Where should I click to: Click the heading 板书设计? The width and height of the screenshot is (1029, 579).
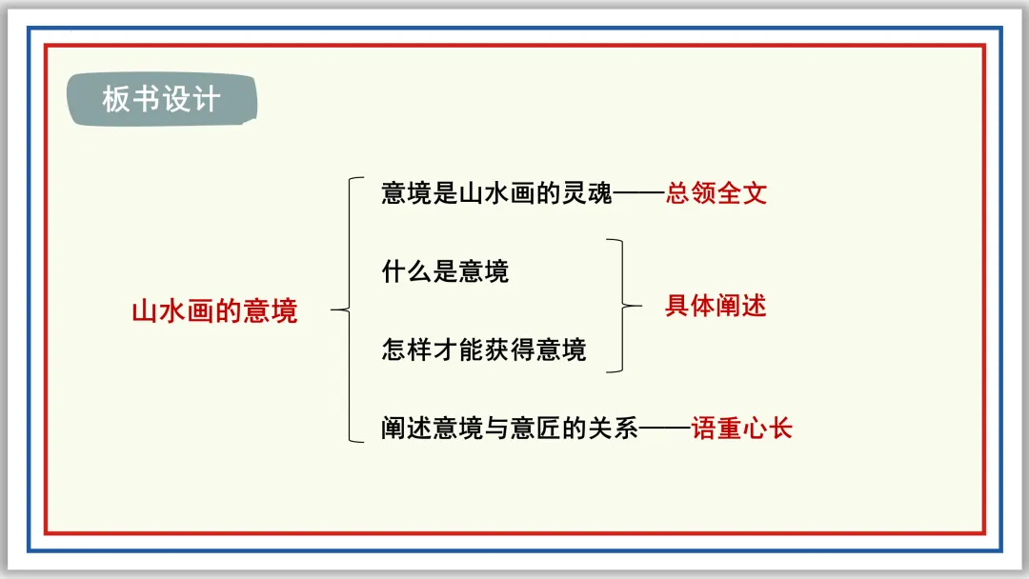(161, 99)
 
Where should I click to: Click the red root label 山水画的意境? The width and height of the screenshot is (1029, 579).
(214, 310)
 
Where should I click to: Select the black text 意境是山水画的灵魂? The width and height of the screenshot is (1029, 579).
(497, 193)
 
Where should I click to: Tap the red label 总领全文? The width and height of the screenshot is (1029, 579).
(716, 193)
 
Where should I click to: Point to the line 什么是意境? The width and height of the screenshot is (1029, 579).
(445, 271)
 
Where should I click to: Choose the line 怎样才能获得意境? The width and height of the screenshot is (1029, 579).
(484, 349)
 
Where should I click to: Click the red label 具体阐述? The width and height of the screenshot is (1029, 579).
(716, 306)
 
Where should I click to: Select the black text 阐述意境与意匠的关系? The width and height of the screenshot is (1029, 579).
(509, 428)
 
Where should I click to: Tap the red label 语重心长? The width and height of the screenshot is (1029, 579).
(742, 428)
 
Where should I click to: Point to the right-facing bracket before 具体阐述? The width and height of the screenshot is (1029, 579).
(624, 306)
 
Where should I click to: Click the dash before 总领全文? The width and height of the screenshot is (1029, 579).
(639, 194)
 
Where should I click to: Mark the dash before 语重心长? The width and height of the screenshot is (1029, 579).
(664, 429)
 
